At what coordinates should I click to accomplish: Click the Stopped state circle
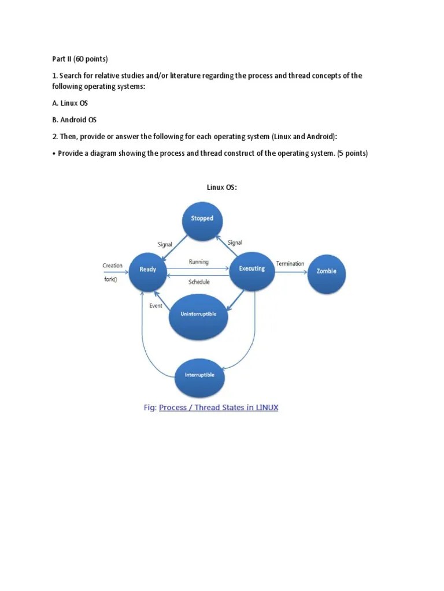(202, 218)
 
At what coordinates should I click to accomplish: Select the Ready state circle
(147, 269)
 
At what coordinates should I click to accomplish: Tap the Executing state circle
(251, 269)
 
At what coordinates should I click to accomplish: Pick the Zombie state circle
(326, 271)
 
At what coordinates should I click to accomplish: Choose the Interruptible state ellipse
(199, 375)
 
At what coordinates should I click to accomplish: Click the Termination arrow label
(290, 264)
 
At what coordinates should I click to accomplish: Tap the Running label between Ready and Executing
(199, 261)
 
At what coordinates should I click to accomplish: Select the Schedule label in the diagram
(199, 282)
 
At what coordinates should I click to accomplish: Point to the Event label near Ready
(156, 306)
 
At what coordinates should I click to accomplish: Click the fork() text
(110, 280)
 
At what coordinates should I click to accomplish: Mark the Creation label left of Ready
(113, 265)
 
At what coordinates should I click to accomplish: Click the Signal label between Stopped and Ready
(165, 244)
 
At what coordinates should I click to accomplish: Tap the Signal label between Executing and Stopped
(235, 243)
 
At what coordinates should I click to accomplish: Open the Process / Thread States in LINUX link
(219, 407)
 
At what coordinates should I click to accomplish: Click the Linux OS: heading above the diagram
(222, 187)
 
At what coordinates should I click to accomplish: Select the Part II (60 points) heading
(77, 59)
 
